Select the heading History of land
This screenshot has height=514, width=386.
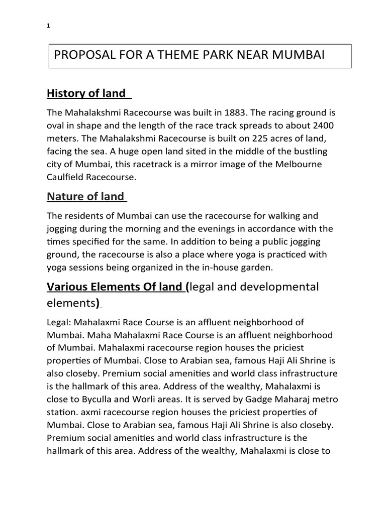click(86, 93)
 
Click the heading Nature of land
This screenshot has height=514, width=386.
click(85, 197)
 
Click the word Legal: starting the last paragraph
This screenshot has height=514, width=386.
click(59, 322)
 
